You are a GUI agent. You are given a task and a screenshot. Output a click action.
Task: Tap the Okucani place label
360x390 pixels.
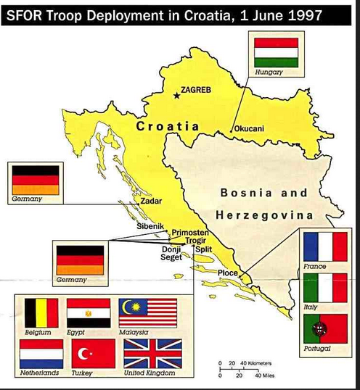(x=250, y=128)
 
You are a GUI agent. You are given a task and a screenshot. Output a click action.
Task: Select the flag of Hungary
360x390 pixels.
(x=276, y=52)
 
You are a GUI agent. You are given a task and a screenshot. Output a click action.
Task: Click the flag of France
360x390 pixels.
(x=324, y=246)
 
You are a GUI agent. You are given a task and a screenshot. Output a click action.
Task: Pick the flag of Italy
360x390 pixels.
(x=324, y=288)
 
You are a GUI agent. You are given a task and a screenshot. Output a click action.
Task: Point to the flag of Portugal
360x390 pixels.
(x=324, y=328)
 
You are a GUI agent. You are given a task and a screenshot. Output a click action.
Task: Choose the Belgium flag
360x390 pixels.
(x=41, y=313)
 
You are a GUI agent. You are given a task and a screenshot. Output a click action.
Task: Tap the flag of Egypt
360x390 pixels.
(x=89, y=313)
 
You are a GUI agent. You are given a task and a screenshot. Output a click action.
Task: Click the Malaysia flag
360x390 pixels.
(x=148, y=313)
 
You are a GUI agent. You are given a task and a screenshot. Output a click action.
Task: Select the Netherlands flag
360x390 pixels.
(x=41, y=353)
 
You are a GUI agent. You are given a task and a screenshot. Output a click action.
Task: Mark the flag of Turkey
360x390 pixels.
(x=94, y=353)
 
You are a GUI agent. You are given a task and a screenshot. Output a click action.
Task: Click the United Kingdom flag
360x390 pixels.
(x=149, y=353)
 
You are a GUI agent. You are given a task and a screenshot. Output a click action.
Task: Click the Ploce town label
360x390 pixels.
(x=229, y=273)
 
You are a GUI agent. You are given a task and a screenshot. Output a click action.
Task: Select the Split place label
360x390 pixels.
(x=203, y=249)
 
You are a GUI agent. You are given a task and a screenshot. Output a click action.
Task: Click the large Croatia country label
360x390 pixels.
(x=167, y=126)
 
